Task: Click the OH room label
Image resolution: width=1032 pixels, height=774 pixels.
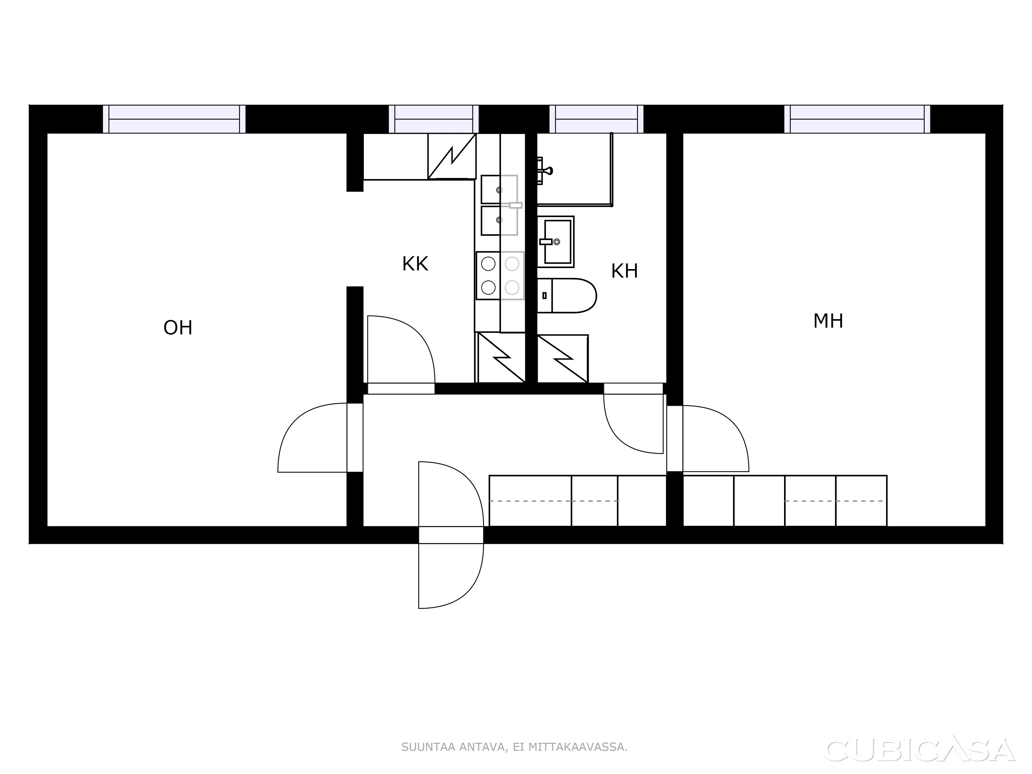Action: click(x=178, y=328)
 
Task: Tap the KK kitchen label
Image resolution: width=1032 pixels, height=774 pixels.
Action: click(x=415, y=264)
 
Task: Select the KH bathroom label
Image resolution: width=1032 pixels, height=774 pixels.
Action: click(x=624, y=271)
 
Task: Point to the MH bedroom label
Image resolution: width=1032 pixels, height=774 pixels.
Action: click(x=828, y=321)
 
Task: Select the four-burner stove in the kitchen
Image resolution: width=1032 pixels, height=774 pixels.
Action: click(x=500, y=276)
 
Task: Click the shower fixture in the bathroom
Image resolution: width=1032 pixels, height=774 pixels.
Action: click(x=544, y=171)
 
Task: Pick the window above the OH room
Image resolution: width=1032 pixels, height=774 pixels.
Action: click(x=174, y=119)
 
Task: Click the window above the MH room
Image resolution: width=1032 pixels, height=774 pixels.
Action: click(x=857, y=119)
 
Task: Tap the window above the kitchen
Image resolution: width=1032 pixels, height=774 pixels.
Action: click(x=434, y=119)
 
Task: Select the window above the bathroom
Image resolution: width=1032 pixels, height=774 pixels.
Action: click(x=596, y=119)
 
